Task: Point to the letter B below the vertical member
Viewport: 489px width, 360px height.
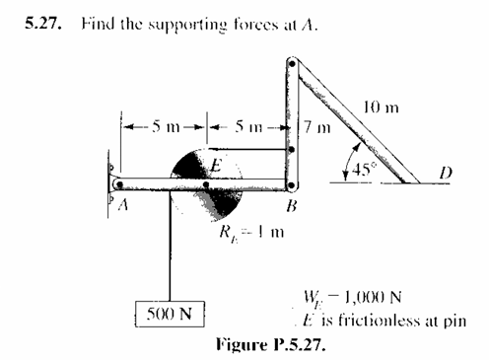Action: (291, 207)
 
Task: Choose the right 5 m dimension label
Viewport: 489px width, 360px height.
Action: (244, 126)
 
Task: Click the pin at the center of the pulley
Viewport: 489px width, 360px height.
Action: (205, 183)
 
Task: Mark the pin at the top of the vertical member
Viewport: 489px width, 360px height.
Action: (291, 65)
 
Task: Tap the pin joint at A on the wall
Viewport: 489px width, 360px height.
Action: (119, 183)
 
